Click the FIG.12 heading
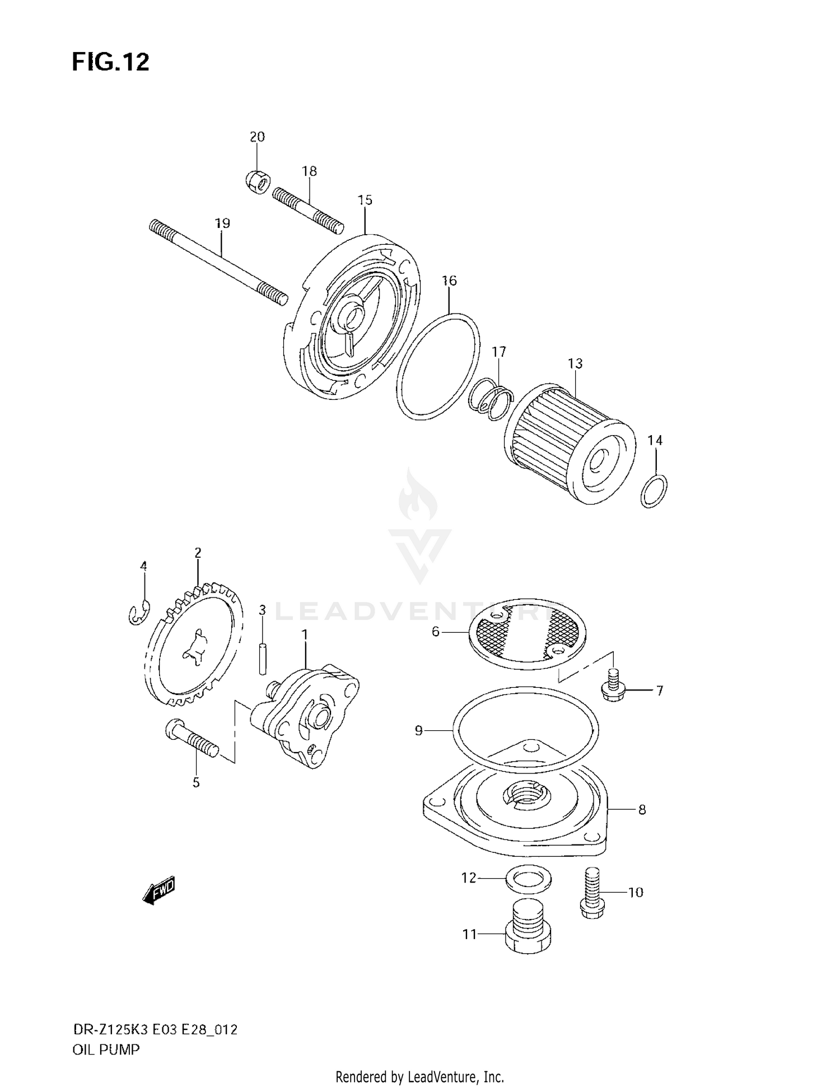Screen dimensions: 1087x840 coord(110,62)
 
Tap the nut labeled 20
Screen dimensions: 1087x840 coord(258,181)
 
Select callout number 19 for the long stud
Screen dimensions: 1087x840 coord(222,223)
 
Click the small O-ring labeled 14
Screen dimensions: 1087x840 coord(654,491)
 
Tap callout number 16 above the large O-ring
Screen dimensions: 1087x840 coord(449,281)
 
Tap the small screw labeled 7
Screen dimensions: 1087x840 coord(614,687)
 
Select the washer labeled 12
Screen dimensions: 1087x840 coord(528,878)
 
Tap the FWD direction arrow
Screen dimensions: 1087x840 coord(160,889)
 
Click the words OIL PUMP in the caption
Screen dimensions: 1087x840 coord(106,1049)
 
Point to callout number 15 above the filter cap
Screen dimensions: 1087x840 coord(365,200)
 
